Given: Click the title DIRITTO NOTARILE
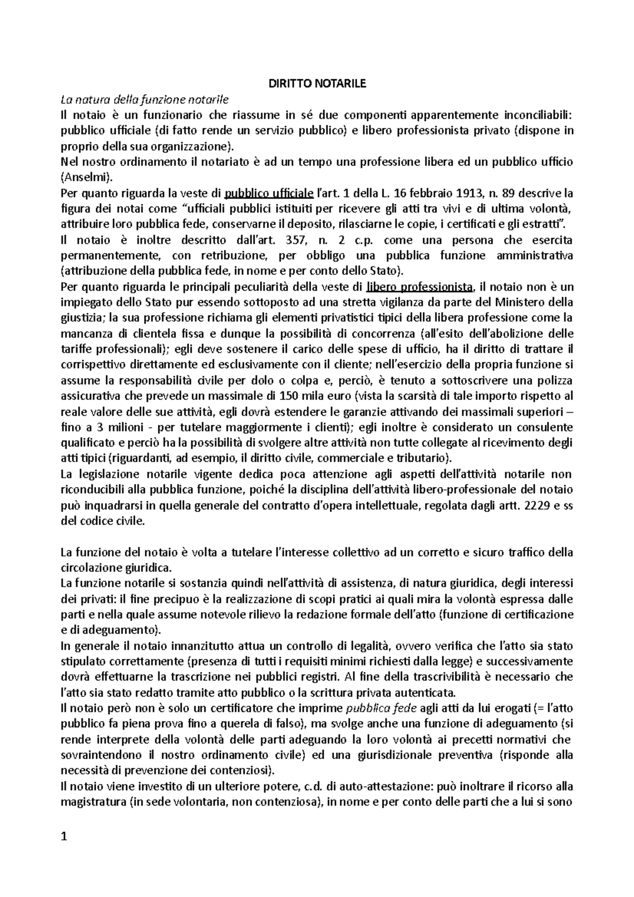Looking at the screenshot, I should [x=317, y=83].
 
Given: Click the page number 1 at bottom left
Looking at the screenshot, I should [x=64, y=837].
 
